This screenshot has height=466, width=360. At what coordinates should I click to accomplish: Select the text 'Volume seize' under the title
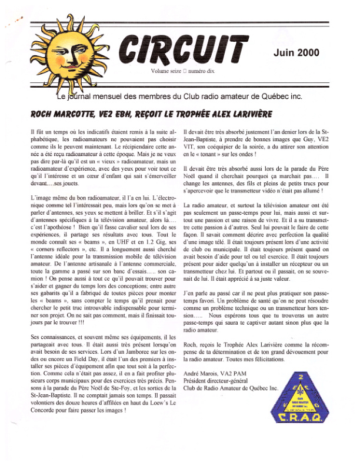(166, 71)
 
